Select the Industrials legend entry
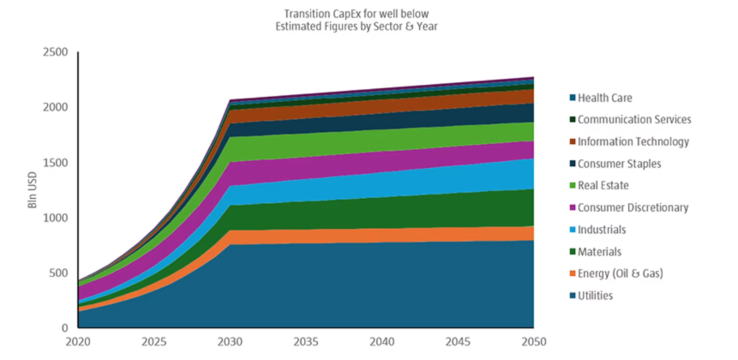click(602, 230)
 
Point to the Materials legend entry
click(599, 252)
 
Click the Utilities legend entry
click(596, 296)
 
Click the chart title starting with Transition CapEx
click(369, 19)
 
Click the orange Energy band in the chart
click(386, 235)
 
